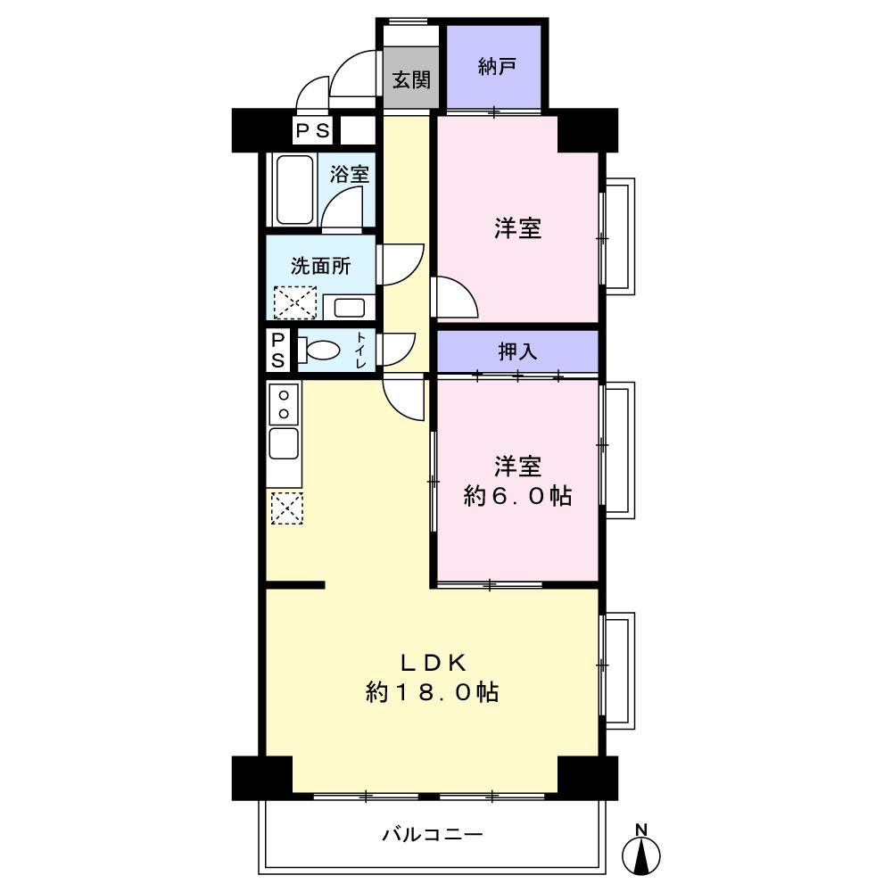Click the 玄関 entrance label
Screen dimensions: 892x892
click(411, 79)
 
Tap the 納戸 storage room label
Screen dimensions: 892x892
click(497, 67)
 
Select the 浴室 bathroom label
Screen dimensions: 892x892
click(350, 174)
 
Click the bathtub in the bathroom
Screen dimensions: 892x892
click(294, 190)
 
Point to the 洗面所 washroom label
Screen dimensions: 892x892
click(321, 266)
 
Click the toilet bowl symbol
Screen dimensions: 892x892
click(318, 350)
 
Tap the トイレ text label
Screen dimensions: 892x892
click(360, 350)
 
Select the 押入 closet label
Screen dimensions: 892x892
click(517, 351)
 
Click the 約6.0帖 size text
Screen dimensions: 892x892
click(517, 496)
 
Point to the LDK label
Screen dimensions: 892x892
click(434, 662)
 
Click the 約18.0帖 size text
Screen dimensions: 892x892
click(433, 692)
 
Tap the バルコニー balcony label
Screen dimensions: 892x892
click(433, 834)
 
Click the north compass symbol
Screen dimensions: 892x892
click(641, 849)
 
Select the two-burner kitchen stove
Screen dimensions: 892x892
click(284, 403)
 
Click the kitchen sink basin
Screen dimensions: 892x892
click(284, 443)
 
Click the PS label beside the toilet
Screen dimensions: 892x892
click(278, 351)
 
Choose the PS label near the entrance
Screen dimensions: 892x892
click(312, 131)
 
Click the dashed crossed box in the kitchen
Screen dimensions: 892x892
click(286, 508)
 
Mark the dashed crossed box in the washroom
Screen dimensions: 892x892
click(295, 302)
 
